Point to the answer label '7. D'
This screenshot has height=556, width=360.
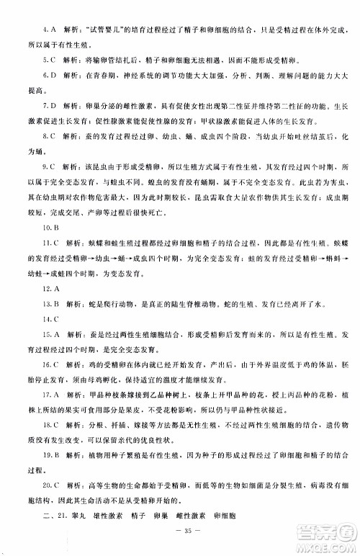[50, 107]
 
